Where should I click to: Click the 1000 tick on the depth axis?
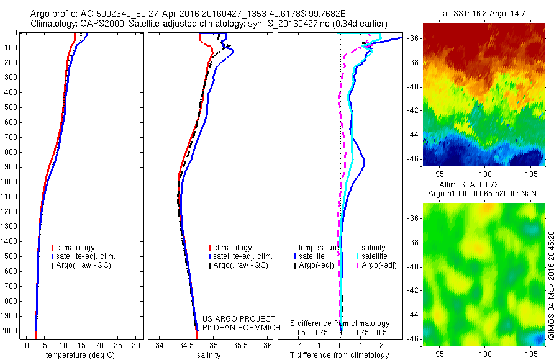coord(11,182)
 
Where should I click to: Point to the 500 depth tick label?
coord(11,107)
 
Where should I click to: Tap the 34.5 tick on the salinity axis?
coord(186,345)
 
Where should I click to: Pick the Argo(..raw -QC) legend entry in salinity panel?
coord(240,265)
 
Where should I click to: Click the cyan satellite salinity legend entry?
coord(375,256)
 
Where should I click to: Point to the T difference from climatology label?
coord(339,355)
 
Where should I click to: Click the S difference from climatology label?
coord(340,323)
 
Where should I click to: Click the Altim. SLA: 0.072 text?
coord(477,186)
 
